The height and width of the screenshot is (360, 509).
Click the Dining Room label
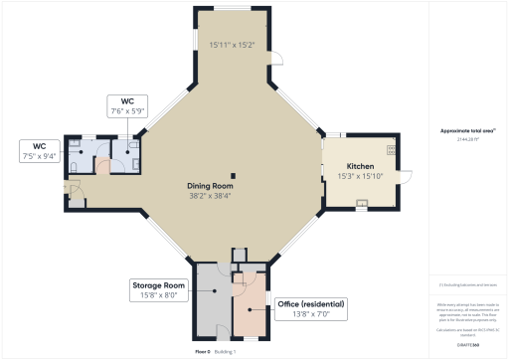[x=210, y=186]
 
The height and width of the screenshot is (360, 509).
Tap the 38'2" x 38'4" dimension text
[x=210, y=196]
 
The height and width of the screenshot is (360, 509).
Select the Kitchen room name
[x=360, y=166]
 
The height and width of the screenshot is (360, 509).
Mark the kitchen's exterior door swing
[x=405, y=177]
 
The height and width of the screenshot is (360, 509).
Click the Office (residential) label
[x=310, y=303]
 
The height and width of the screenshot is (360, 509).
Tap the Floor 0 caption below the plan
[x=203, y=351]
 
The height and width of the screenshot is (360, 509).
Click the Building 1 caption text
[x=228, y=351]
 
